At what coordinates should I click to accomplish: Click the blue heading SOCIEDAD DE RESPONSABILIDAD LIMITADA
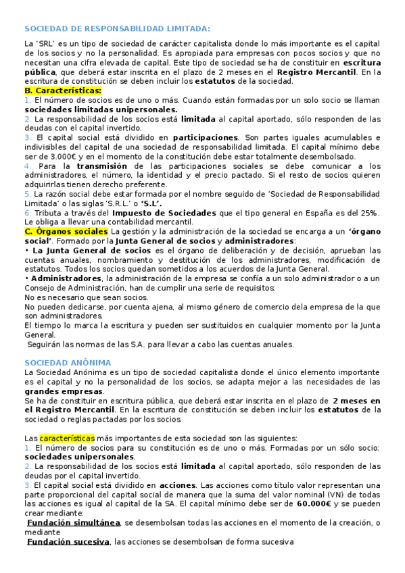[117, 28]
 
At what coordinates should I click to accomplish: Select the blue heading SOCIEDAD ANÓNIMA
[68, 362]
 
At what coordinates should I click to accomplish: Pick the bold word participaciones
[205, 137]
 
